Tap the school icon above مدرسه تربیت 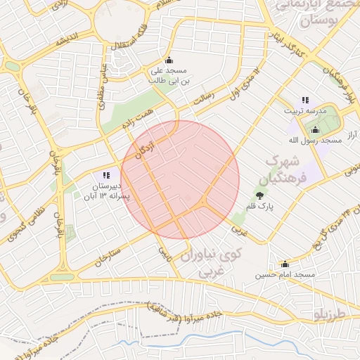pos(305,100)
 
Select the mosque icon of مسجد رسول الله pos(314,129)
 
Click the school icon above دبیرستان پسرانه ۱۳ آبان pos(106,175)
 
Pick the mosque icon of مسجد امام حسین pos(285,264)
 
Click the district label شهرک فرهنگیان pos(289,169)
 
